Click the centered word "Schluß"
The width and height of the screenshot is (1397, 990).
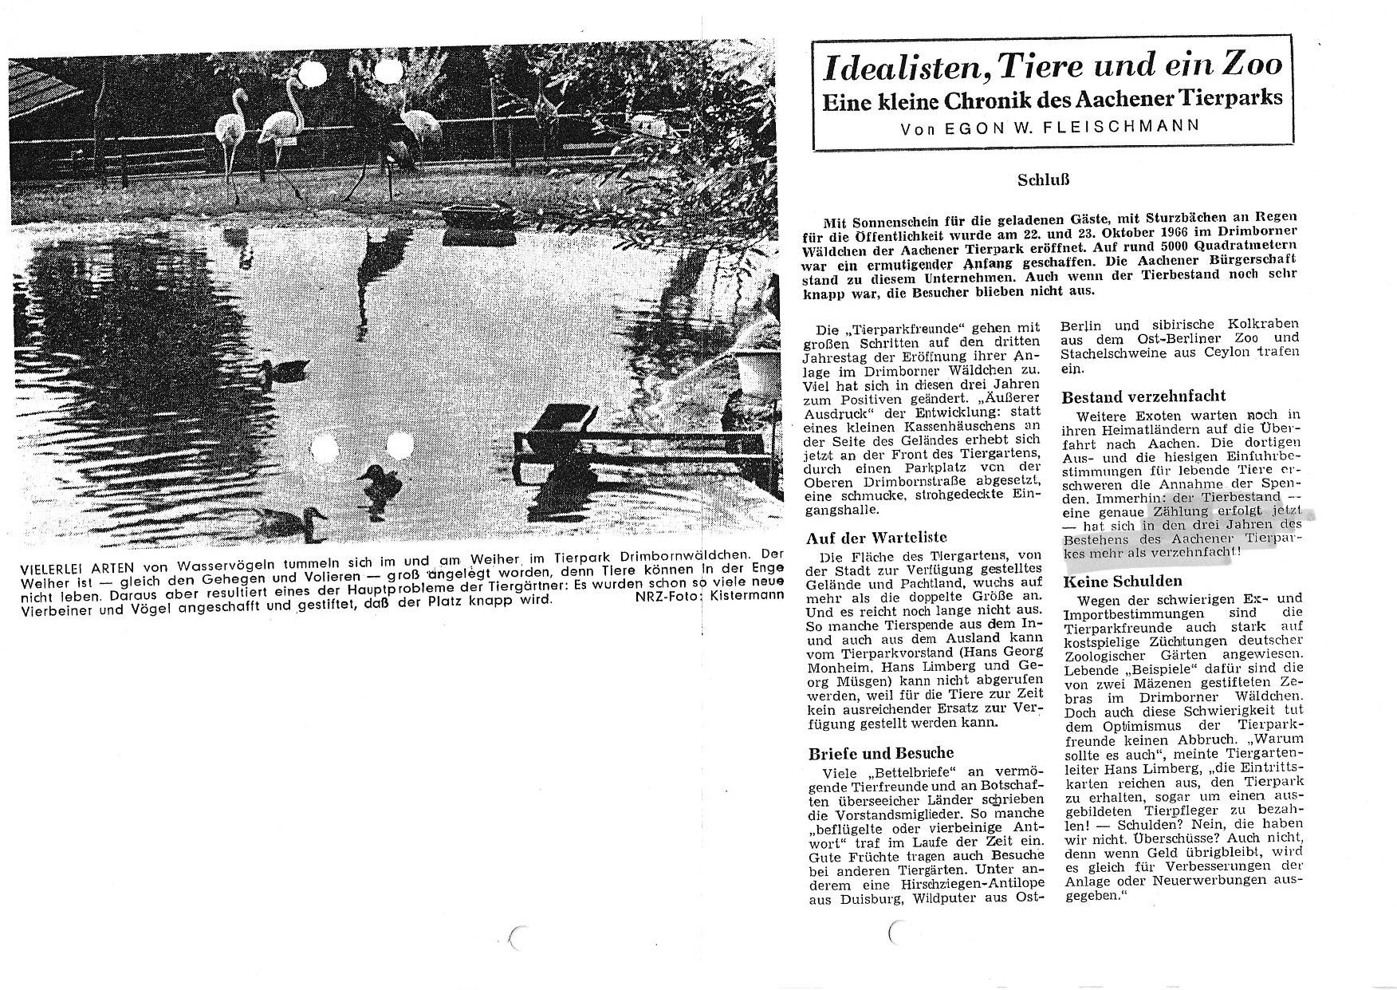1042,180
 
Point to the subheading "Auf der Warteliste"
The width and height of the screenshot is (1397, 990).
866,538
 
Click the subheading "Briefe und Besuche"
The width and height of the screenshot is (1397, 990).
869,752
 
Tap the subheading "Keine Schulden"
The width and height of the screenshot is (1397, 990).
1123,582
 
